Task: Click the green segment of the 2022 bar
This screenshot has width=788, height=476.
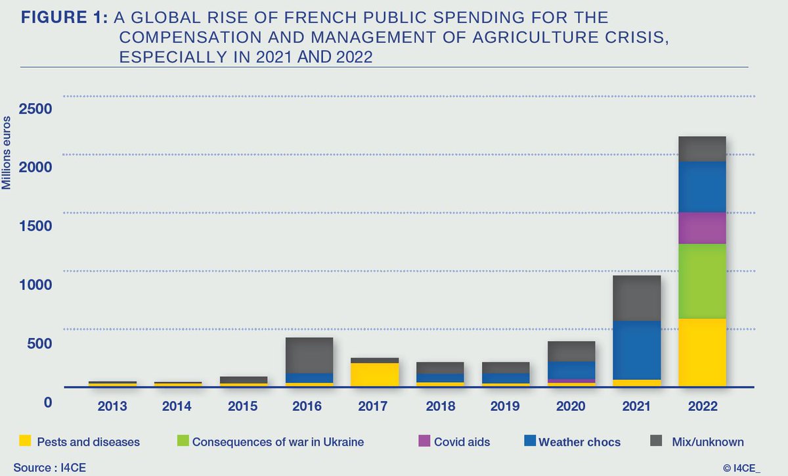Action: (702, 281)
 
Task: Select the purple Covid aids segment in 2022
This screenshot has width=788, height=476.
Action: (702, 227)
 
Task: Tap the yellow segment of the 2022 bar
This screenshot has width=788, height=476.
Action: (702, 352)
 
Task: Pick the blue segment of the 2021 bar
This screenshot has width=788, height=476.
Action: (636, 350)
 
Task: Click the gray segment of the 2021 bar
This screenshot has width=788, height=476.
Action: (636, 298)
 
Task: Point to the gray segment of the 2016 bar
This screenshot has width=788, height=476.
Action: (309, 355)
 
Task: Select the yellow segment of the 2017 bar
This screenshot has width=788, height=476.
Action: (374, 374)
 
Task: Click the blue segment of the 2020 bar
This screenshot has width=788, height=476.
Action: (571, 370)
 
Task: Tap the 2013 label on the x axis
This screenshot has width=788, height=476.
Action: (112, 406)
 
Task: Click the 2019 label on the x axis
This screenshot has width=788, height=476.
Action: (506, 406)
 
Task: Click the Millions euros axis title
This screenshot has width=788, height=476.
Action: (7, 152)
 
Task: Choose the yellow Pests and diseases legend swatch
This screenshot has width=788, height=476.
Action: (25, 441)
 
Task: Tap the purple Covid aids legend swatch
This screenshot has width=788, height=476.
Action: (425, 441)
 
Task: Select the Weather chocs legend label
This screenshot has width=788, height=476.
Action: (579, 442)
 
